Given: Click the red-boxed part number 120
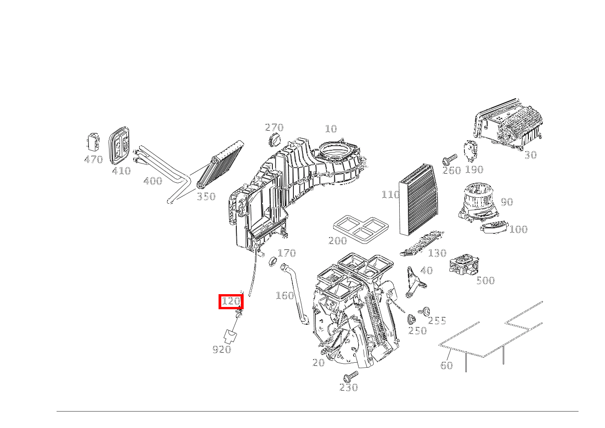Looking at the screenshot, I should [x=231, y=301].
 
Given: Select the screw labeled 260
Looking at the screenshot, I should [x=449, y=160].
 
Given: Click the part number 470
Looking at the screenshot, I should [x=94, y=160].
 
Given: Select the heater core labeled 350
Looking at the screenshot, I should [x=220, y=164].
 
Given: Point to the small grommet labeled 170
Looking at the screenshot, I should [x=273, y=261].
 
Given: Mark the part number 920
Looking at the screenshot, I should [x=222, y=350].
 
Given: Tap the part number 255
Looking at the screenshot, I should [x=437, y=321].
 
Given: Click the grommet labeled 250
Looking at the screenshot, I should [x=411, y=319].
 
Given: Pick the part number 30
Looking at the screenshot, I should [x=530, y=155].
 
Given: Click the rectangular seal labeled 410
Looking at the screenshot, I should [x=120, y=145].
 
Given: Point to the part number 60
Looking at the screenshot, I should [x=446, y=365].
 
